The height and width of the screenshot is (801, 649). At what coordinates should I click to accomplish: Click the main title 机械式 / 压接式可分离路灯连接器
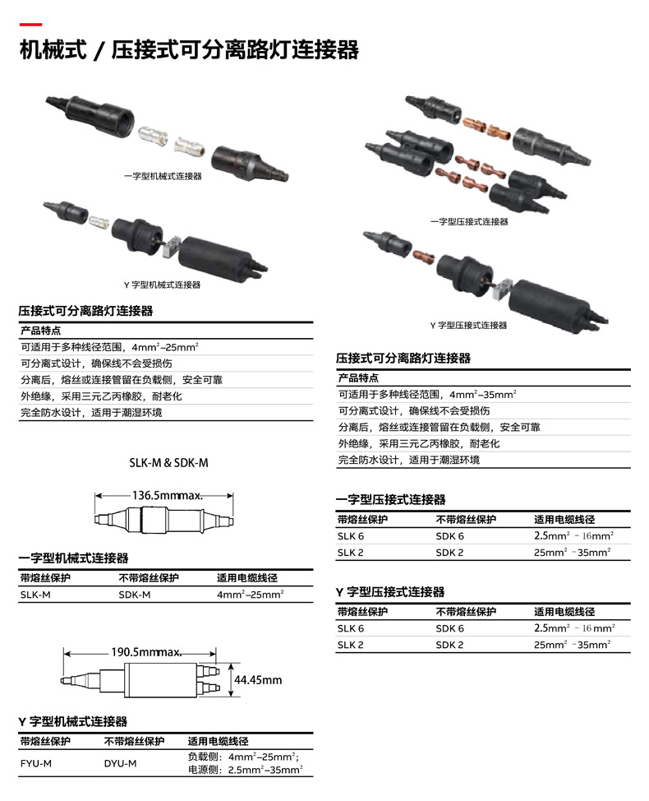tap(189, 51)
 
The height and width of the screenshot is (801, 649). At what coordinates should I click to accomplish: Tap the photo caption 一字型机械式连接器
tap(163, 176)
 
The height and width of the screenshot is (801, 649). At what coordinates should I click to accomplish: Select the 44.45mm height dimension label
tap(258, 680)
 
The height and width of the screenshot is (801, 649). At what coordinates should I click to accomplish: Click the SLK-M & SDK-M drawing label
tap(168, 463)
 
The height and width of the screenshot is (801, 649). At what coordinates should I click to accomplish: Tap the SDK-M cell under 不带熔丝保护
tap(135, 594)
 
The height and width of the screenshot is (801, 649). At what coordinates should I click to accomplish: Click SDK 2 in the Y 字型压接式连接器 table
tap(449, 644)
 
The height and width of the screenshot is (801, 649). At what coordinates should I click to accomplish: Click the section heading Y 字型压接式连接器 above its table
tap(390, 592)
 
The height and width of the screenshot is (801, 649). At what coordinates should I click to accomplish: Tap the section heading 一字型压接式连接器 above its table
tap(391, 499)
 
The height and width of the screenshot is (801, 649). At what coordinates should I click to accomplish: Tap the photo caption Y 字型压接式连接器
tap(468, 326)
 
